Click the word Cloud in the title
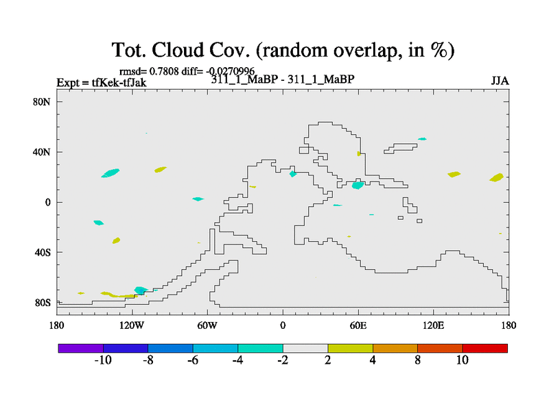point(178,50)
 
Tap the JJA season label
point(500,81)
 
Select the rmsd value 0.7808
point(164,71)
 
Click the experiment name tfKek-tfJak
point(119,83)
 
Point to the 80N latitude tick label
point(41,102)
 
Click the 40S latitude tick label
point(43,252)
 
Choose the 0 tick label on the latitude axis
point(47,202)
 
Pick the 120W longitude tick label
point(131,326)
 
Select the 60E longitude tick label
point(358,326)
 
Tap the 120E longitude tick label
point(433,326)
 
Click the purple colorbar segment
point(81,349)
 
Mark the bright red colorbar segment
point(485,349)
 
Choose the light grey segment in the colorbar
point(305,349)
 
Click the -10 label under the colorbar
point(103,360)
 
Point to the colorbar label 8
point(417,360)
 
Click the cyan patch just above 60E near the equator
point(358,185)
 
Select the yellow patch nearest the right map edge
point(497,177)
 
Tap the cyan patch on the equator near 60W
point(198,199)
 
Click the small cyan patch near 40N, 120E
point(422,139)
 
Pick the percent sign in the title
point(439,50)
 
